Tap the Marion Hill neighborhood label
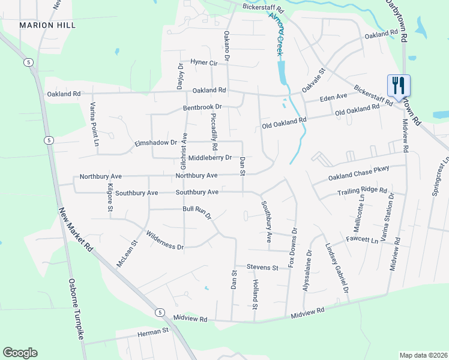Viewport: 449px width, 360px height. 47,25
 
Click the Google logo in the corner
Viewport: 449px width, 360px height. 20,353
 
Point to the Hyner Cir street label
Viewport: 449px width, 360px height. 202,62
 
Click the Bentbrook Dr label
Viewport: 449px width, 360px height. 202,107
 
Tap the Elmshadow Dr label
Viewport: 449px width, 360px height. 157,143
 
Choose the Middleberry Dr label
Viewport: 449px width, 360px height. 210,158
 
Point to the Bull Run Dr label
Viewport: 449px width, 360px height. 197,212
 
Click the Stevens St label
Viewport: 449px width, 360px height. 262,267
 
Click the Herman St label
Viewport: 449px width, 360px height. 153,331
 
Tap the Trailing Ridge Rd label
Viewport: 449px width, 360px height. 362,191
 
